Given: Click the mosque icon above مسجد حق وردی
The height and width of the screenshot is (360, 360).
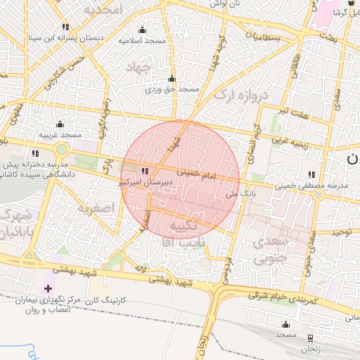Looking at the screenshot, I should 172,78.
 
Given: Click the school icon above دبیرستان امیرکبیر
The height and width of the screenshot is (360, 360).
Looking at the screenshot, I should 145,171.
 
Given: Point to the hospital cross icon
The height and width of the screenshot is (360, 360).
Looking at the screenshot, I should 48,288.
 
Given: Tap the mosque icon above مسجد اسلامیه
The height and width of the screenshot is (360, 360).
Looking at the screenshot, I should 143,30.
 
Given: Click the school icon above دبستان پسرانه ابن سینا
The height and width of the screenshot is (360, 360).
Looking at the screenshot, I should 65,27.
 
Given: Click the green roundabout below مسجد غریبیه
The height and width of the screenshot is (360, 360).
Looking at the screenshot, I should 63,149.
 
